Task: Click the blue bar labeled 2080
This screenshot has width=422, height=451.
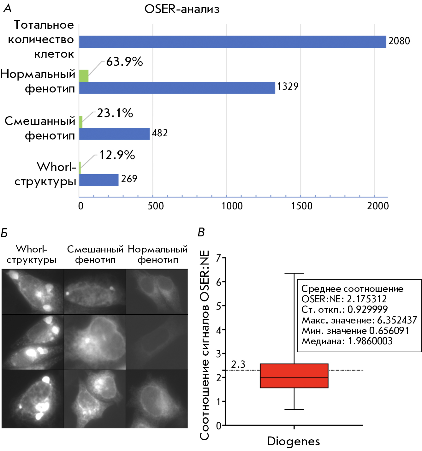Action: pos(232,42)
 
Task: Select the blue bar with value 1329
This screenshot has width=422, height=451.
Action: pos(177,88)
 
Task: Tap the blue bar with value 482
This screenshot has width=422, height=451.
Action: pos(114,134)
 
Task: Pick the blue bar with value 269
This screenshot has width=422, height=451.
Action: pos(99,180)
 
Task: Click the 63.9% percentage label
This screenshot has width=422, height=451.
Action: pos(124,62)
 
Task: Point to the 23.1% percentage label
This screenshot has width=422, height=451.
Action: pos(115,113)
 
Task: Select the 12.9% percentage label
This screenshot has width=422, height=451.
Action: pos(117,155)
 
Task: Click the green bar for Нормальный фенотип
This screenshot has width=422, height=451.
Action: pos(84,76)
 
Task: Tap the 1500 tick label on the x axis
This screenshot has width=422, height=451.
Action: pos(301,206)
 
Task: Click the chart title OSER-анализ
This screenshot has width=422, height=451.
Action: pos(182,9)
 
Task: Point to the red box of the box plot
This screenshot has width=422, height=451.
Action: pos(294,376)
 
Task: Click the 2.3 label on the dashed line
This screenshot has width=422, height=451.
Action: pos(238,365)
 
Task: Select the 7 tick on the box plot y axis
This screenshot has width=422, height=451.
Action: pos(218,258)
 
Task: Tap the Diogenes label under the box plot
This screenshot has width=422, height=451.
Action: pos(294,441)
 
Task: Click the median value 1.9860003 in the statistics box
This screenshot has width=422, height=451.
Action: pos(370,341)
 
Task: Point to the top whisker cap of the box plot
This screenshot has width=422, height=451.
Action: pos(294,273)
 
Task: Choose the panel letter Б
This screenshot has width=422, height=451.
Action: pos(4,233)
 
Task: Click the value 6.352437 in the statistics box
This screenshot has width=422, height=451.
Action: pos(397,320)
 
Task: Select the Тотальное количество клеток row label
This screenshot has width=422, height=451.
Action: pos(41,39)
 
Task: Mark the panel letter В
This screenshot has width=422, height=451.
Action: pos(201,232)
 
